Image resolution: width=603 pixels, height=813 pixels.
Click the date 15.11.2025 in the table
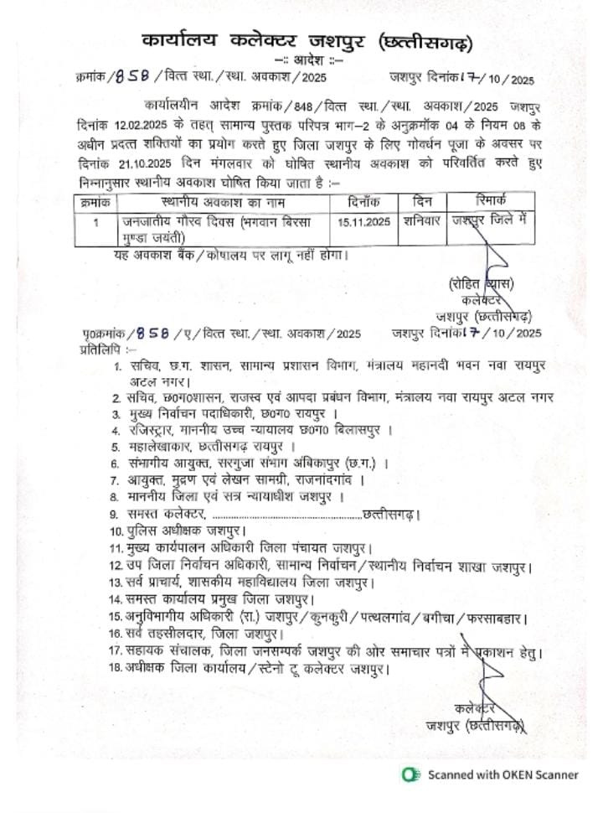click(364, 223)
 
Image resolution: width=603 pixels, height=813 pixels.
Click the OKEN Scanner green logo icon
click(410, 774)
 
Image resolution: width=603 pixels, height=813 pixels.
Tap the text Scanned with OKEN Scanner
click(502, 775)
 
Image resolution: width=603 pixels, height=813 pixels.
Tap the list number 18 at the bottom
click(116, 668)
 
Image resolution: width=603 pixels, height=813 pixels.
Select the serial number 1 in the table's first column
click(96, 223)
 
